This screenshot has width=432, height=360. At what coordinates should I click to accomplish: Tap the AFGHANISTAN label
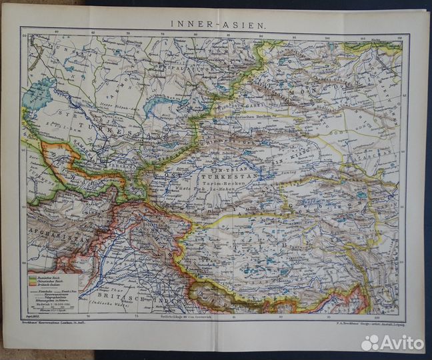coord(49,234)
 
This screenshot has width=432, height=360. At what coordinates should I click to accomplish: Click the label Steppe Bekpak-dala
coord(123,107)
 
